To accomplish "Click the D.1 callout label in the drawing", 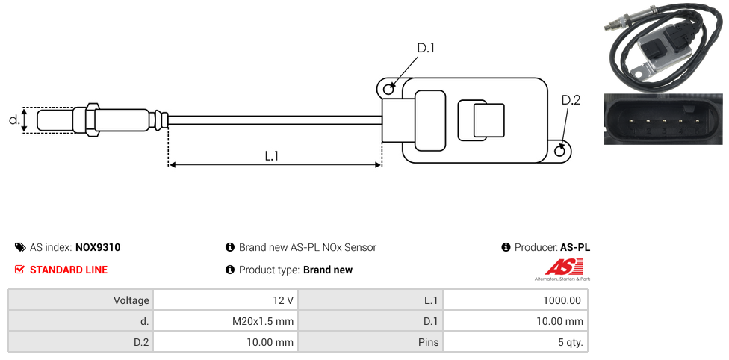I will coord(426,48).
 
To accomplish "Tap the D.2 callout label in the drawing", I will coord(571,100).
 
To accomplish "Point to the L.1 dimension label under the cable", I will coord(272,155).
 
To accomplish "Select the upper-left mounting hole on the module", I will coord(388,90).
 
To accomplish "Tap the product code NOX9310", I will coord(98,247).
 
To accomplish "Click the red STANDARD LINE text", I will coord(69,270).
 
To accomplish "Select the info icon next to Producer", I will coord(506,247).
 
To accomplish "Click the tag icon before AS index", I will coord(20,247).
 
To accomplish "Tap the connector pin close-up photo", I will coord(663,120).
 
